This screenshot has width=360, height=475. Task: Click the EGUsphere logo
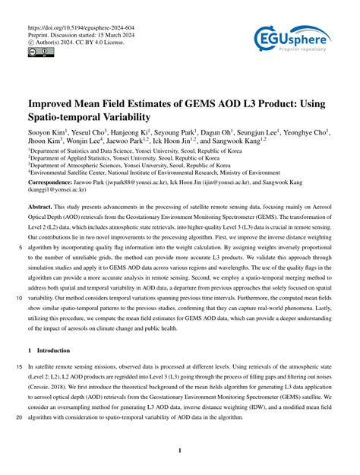pyautogui.click(x=292, y=37)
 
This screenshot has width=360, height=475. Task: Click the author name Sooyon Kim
pyautogui.click(x=46, y=132)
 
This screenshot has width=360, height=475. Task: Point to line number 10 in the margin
pyautogui.click(x=14, y=299)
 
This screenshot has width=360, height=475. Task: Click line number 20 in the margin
pyautogui.click(x=14, y=417)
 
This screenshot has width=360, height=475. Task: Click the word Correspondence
pyautogui.click(x=54, y=183)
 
